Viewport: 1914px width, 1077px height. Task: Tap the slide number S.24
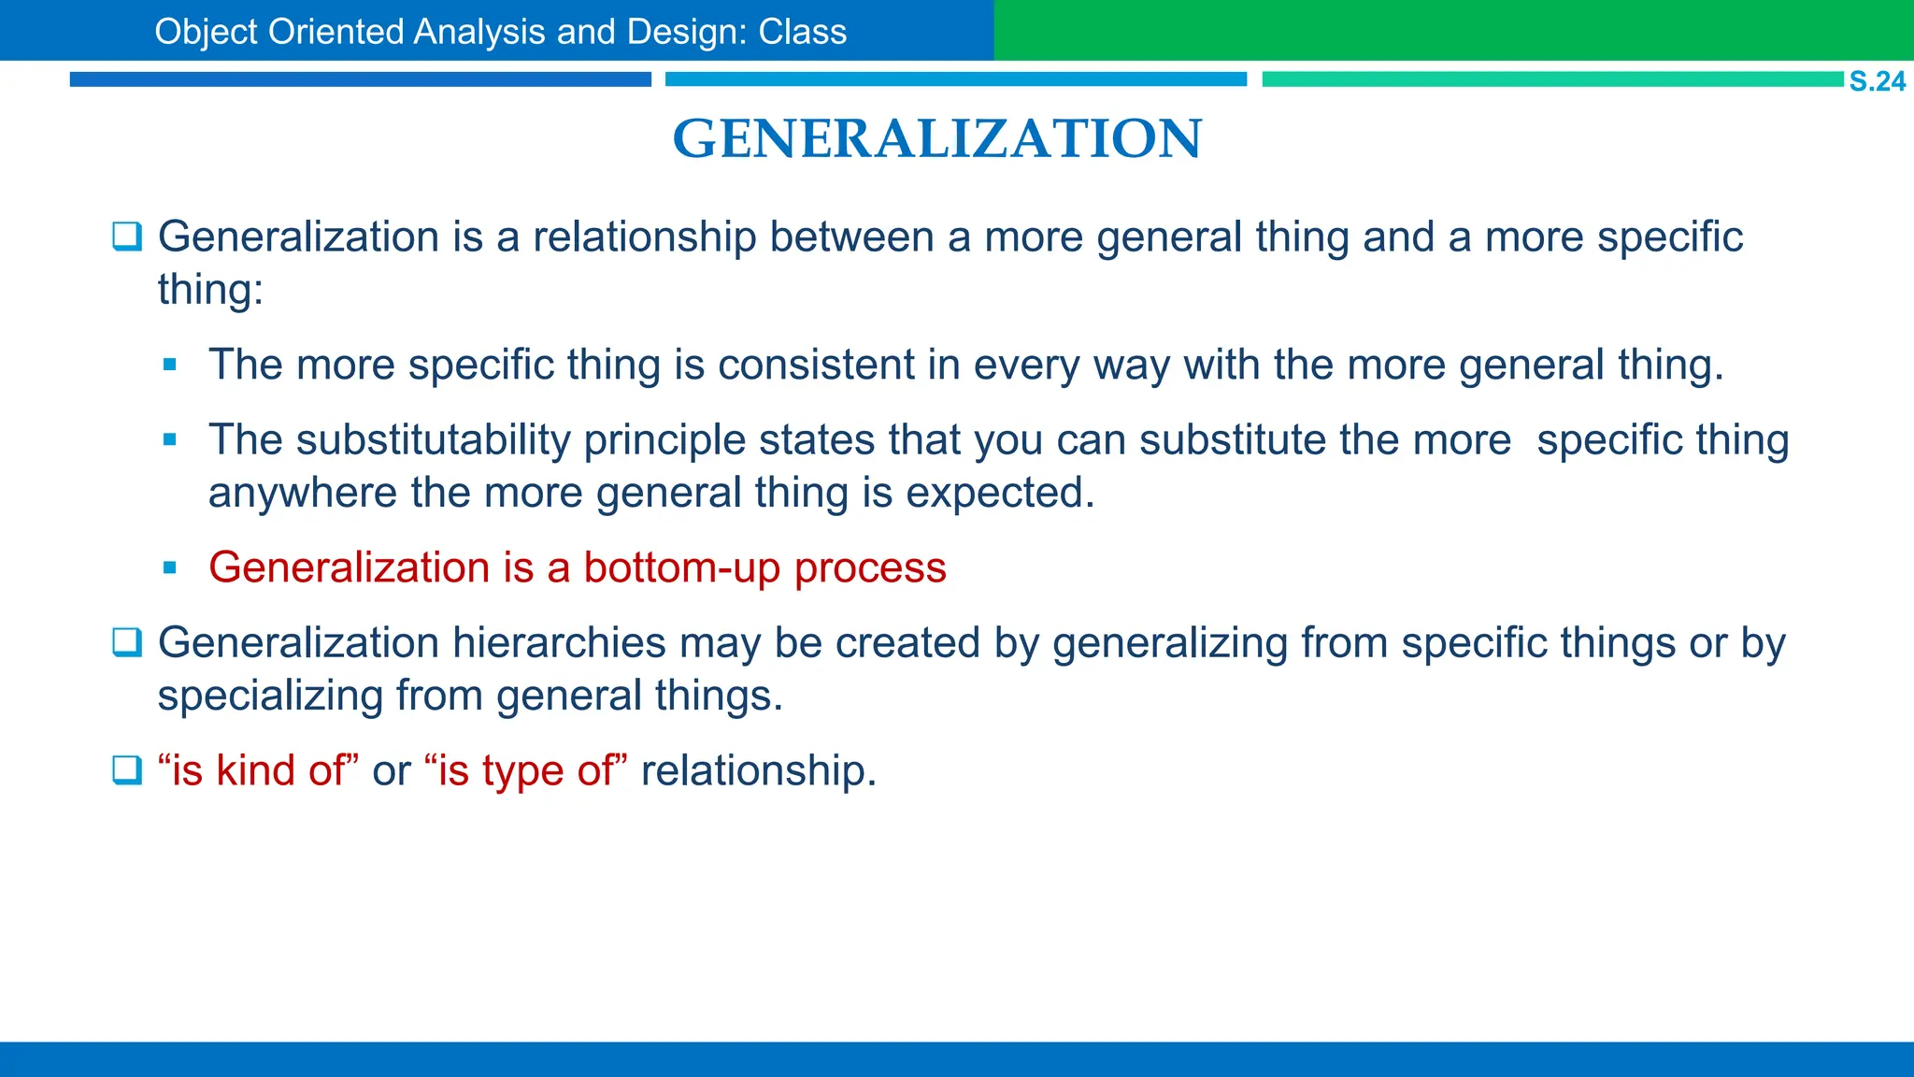(x=1877, y=81)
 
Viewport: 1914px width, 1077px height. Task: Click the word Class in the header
(x=802, y=32)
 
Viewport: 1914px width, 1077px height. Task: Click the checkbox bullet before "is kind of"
(x=127, y=770)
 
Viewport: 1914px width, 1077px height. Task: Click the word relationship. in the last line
(x=759, y=770)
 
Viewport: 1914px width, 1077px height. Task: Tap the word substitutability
(x=434, y=439)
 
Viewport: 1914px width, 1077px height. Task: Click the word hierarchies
(x=559, y=643)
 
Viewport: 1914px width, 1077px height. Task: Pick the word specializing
(x=270, y=696)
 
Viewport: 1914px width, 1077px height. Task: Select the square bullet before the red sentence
(x=169, y=567)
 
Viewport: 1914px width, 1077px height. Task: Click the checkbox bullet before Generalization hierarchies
(x=127, y=643)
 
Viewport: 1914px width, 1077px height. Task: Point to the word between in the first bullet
(x=851, y=237)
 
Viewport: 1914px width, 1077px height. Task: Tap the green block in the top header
(x=1453, y=30)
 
